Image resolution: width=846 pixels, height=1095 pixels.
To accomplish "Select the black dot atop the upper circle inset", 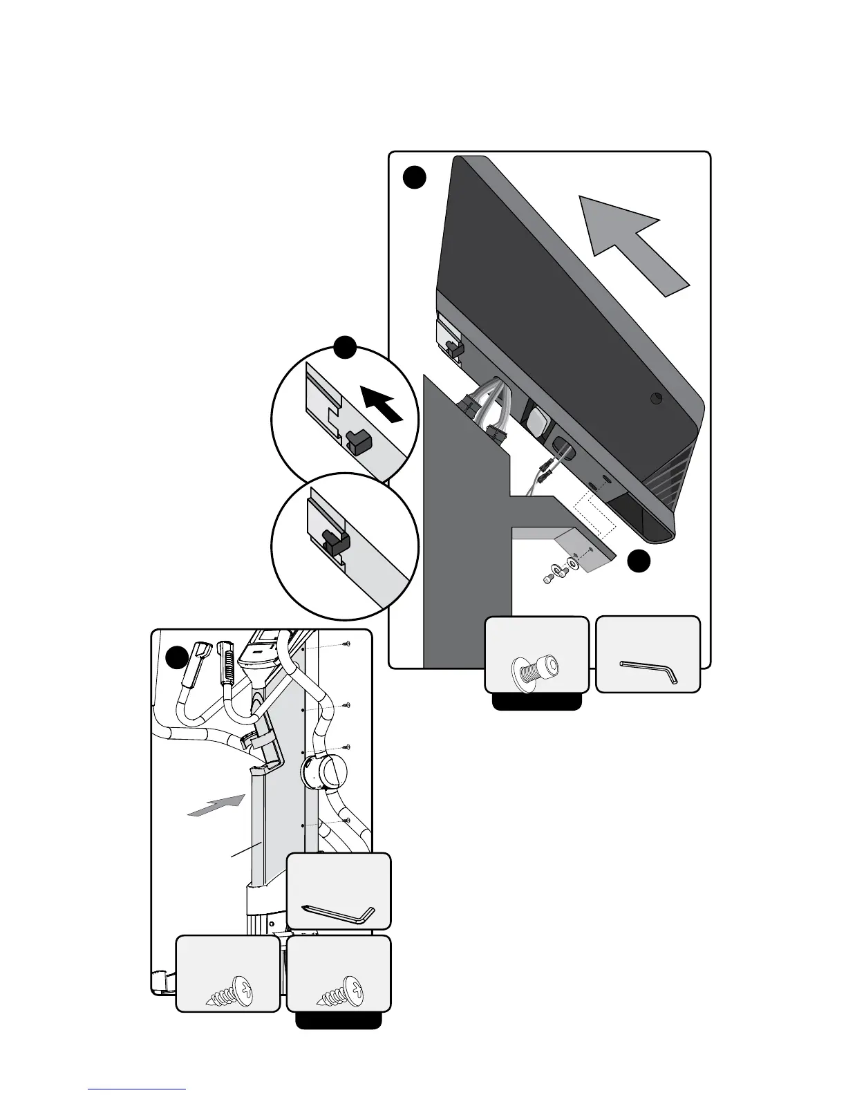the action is point(345,348).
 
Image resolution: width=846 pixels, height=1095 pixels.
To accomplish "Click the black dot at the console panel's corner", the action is point(414,178).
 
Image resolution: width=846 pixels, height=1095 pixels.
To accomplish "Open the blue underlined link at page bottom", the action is point(137,1088).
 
